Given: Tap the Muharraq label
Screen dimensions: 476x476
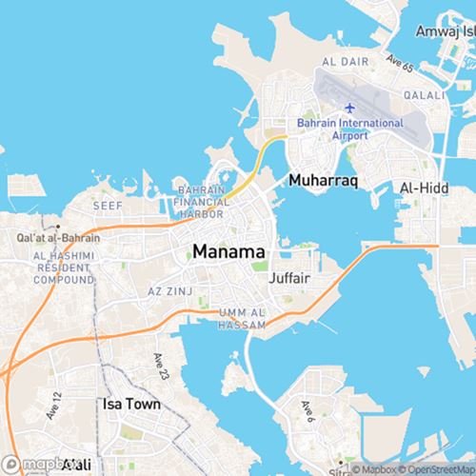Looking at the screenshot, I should coord(322,178).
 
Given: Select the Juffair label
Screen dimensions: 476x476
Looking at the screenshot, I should coord(291,279).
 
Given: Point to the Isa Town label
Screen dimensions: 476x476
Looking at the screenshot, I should coord(131,404).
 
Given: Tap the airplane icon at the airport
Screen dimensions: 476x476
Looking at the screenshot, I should coord(349,107).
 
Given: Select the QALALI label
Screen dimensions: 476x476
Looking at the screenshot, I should coord(426,95).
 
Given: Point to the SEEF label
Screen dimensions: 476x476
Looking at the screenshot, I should coord(107,205).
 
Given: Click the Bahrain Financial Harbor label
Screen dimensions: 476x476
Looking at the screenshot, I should coord(200,202).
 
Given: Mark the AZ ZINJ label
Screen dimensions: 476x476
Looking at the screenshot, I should coord(170,289).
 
